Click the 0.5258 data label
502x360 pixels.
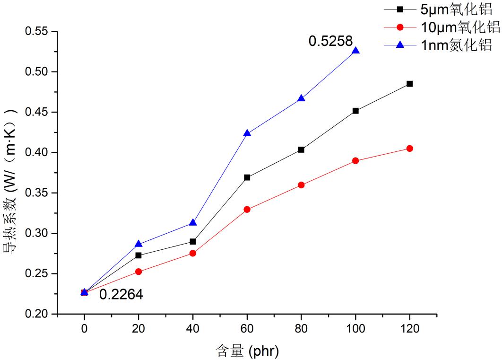(x=330, y=42)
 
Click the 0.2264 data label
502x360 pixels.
(x=121, y=295)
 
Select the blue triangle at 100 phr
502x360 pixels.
(x=355, y=51)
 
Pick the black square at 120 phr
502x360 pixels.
(x=409, y=84)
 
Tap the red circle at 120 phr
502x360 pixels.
(x=409, y=149)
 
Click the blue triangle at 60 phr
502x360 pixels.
(x=247, y=133)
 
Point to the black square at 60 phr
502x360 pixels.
(x=247, y=177)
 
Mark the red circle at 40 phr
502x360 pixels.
(x=193, y=253)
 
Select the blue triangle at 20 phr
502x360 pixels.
(x=138, y=244)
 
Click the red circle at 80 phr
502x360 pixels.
(x=301, y=185)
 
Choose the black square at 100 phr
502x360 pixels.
(x=355, y=111)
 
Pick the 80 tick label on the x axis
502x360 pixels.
(x=301, y=328)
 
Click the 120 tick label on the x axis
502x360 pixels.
(x=409, y=328)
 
